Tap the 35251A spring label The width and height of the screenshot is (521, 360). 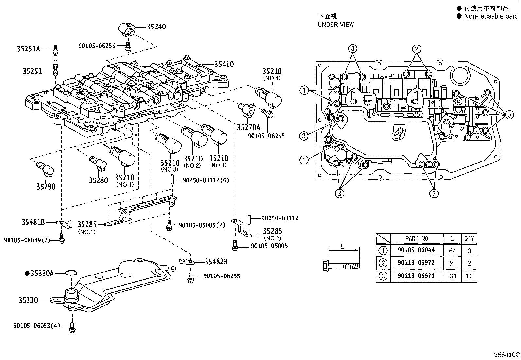[28, 49]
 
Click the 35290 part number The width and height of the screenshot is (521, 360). [46, 187]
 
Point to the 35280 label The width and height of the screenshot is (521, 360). [98, 180]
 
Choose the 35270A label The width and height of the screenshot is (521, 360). [248, 128]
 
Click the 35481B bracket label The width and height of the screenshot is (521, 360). [33, 222]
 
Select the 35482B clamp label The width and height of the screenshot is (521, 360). [216, 262]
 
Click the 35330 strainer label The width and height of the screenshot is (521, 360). [28, 300]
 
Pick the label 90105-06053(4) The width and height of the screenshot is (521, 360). [37, 326]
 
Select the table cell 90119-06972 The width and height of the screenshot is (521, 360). [416, 263]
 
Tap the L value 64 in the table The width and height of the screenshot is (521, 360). [453, 251]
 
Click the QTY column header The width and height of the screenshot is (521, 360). [469, 238]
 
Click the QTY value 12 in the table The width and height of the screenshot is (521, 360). [469, 276]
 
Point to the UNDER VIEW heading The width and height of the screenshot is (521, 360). [335, 24]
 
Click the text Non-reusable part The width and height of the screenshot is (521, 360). [490, 16]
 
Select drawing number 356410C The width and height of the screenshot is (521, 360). [507, 355]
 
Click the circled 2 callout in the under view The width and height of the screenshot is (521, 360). [416, 49]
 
